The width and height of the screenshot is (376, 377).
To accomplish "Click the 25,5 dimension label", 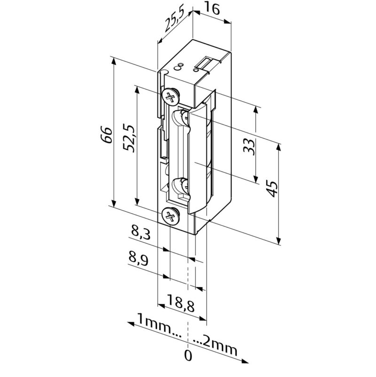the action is coord(174,21).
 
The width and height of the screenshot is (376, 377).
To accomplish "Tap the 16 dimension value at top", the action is coord(212,9).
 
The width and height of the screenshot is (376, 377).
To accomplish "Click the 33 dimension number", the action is coord(249,146).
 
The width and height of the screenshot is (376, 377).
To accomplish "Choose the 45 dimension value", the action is coord(272,189).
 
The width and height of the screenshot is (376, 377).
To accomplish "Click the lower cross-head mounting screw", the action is coord(171,216).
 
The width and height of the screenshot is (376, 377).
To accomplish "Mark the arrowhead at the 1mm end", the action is coord(130,324).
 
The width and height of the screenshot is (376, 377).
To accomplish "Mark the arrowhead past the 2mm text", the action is coord(244,361).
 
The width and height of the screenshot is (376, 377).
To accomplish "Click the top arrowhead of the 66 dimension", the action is coord(114,61).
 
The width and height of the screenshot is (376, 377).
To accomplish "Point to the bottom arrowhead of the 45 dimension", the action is coord(279,241).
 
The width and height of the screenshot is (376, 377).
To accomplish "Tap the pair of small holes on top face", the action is coord(179,67).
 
